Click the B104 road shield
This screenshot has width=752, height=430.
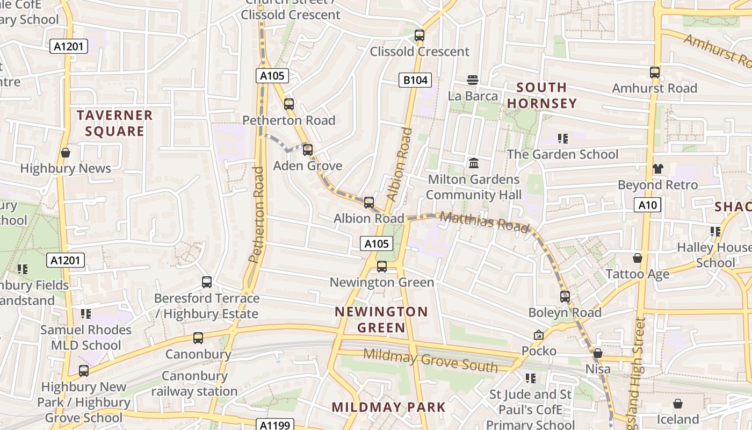(416, 81)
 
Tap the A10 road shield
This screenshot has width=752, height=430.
(648, 205)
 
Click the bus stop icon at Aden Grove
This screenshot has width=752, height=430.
(308, 150)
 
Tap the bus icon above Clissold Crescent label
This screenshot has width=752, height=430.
(420, 35)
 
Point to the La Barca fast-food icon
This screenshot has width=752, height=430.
(473, 80)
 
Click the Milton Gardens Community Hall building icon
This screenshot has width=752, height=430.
(474, 163)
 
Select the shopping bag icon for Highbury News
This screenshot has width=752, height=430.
(66, 153)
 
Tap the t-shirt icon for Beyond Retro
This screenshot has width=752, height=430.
(657, 169)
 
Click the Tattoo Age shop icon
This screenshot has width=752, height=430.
(638, 258)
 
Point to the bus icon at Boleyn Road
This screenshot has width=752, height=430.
(565, 296)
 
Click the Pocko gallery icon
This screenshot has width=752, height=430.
(539, 335)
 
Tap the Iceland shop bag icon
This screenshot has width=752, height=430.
(678, 403)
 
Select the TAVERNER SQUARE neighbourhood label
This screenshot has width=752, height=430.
(114, 123)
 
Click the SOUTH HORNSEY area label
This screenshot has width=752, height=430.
(542, 95)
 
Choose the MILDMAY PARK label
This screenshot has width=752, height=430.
(388, 407)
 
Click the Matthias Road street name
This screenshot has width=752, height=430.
(485, 221)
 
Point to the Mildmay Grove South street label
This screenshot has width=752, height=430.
(430, 361)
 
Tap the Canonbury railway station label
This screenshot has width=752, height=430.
(194, 383)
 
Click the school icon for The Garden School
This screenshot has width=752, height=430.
(563, 139)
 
